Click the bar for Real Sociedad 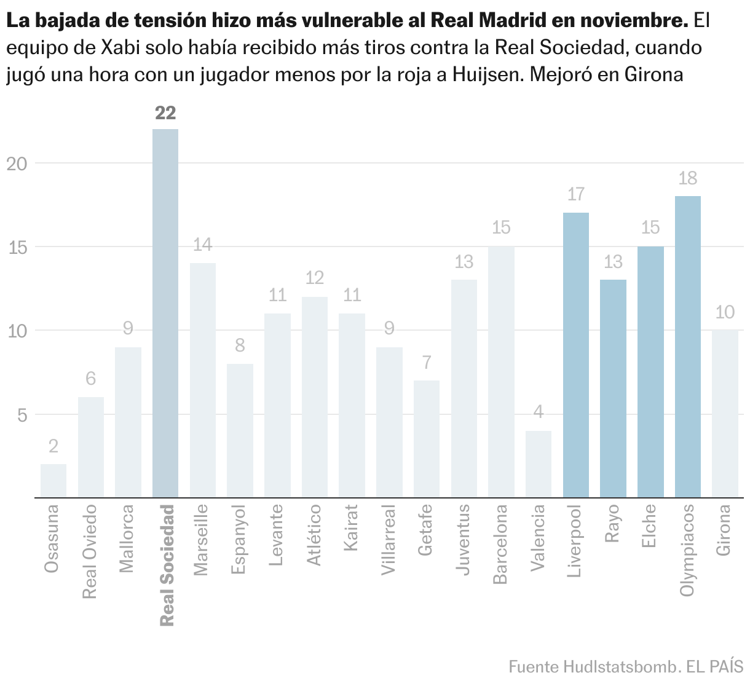(165, 313)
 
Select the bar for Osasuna (53, 481)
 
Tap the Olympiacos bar (687, 347)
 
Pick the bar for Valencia (538, 464)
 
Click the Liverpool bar (575, 355)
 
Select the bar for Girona (725, 414)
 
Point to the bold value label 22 (165, 113)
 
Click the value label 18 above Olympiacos (687, 179)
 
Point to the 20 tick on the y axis (17, 164)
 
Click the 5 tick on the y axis (22, 415)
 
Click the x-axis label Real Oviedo (90, 551)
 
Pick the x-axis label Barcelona (501, 544)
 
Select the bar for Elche (650, 372)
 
